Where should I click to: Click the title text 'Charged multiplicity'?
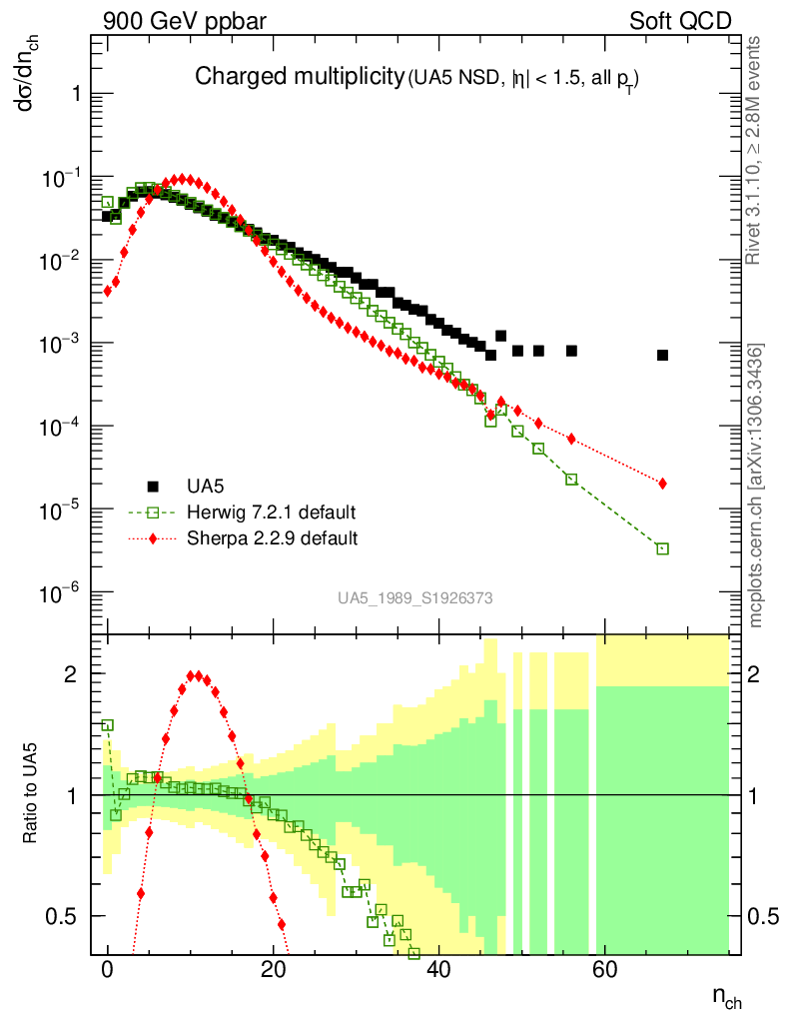click(297, 77)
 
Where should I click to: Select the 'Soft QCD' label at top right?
click(680, 20)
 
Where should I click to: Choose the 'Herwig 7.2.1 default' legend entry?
click(271, 512)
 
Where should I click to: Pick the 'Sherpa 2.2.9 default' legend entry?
click(272, 538)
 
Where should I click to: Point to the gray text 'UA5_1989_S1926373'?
click(414, 597)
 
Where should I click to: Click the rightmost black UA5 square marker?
click(662, 355)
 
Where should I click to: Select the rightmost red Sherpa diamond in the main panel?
click(662, 484)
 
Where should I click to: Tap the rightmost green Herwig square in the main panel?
click(662, 548)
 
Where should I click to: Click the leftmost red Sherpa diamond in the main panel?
click(108, 291)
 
